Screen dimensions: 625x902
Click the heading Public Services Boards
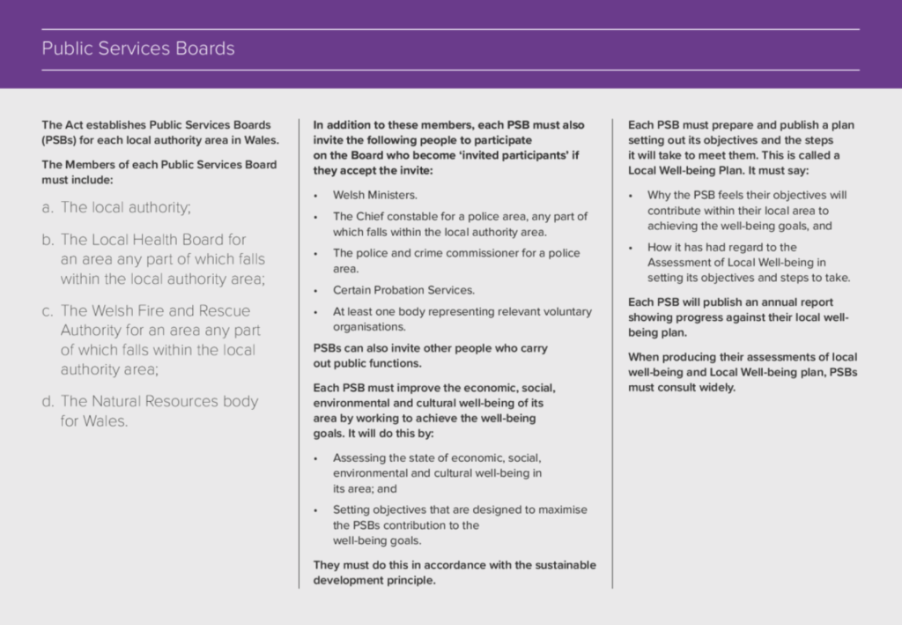click(x=138, y=48)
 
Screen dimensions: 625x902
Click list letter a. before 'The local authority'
click(x=48, y=208)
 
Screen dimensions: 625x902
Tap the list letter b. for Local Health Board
click(x=48, y=240)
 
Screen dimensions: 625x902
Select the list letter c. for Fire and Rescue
click(x=48, y=311)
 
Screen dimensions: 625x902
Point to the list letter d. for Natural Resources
click(x=48, y=402)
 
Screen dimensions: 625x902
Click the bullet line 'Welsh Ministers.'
click(x=375, y=195)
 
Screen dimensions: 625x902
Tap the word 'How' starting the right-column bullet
click(x=659, y=247)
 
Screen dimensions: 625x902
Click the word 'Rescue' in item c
click(x=224, y=311)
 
